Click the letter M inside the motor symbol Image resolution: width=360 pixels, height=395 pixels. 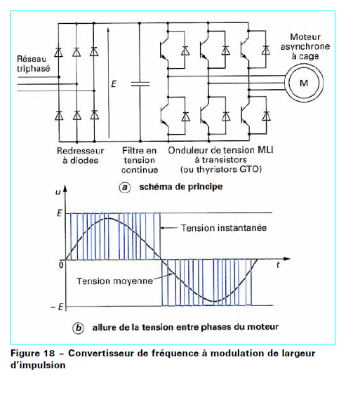click(x=304, y=83)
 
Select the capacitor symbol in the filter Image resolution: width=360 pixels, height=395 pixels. click(x=140, y=84)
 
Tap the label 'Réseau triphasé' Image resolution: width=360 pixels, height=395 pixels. click(x=33, y=64)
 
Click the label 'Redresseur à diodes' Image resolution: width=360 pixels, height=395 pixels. click(x=81, y=156)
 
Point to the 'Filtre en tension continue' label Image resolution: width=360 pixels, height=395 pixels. click(x=140, y=160)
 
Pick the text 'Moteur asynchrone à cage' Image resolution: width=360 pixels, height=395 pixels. click(x=305, y=46)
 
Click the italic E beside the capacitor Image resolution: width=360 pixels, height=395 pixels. click(x=114, y=84)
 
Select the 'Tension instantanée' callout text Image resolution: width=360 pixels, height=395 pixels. click(x=224, y=228)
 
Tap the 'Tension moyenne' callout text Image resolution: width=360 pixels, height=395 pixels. click(x=114, y=281)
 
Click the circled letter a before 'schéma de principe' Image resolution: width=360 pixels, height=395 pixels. click(x=124, y=187)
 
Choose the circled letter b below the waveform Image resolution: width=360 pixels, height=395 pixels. click(x=79, y=328)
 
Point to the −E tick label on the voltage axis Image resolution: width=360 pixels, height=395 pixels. click(x=57, y=307)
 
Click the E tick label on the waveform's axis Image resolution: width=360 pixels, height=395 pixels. click(x=59, y=213)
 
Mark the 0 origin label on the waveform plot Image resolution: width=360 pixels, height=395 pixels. click(x=61, y=265)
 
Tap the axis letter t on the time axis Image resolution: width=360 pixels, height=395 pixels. click(x=278, y=265)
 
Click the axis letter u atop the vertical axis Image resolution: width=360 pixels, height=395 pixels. click(x=58, y=192)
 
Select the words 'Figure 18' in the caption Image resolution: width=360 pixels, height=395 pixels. click(x=32, y=353)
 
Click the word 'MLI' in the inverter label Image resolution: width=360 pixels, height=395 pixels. click(x=265, y=150)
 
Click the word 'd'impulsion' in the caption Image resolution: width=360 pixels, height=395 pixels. click(x=38, y=365)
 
